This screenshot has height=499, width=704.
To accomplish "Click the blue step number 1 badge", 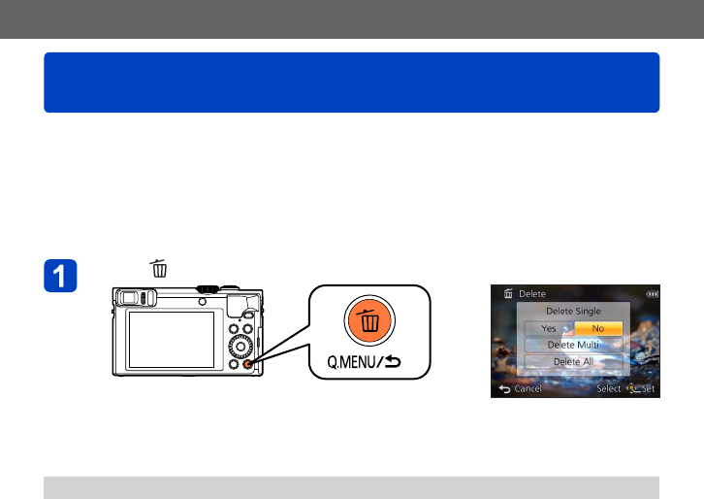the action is (x=61, y=277).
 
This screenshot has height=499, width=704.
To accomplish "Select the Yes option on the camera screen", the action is (x=548, y=328).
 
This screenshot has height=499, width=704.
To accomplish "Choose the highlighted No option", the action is (x=597, y=328).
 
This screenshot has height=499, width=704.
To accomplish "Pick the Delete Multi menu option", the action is (x=573, y=345).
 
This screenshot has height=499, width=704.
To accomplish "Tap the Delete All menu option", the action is (x=573, y=361).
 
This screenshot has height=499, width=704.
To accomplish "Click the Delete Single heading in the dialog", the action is (x=573, y=311).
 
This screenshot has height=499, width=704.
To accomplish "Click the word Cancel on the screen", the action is (x=528, y=388).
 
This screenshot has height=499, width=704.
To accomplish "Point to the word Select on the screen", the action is (x=609, y=388).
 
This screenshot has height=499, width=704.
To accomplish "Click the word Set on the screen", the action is (x=648, y=388).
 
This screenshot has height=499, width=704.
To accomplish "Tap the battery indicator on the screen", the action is (x=650, y=293).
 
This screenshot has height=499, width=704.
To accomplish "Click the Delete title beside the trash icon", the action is (x=532, y=293).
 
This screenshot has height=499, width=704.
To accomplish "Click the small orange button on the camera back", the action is (x=248, y=365).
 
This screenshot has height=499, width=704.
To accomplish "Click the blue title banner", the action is (x=351, y=83).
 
